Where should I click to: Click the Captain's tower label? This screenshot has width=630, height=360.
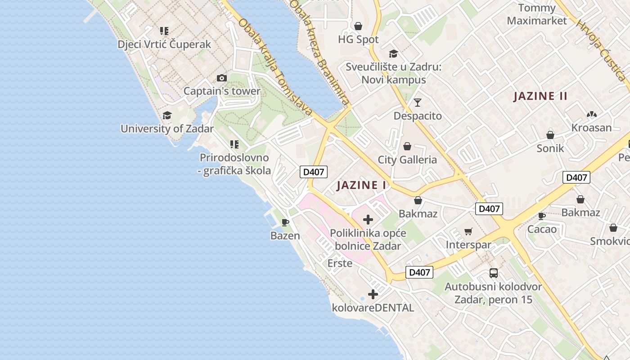coord(222,91)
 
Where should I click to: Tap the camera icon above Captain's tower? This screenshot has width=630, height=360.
coord(221,78)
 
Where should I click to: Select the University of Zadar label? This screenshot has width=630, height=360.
coord(167,129)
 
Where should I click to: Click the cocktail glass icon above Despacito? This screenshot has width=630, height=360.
coord(418,103)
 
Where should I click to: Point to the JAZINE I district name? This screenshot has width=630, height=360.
coord(361,185)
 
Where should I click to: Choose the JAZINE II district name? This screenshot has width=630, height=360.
coord(540,96)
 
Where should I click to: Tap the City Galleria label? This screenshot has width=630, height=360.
coord(407,160)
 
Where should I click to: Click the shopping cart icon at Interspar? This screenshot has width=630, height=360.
coord(468,232)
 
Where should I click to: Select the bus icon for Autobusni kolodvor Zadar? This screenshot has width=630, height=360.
coord(494,273)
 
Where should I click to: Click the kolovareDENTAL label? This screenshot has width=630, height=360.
coord(373,308)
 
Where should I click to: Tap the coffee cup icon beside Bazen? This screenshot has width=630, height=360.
coord(285,222)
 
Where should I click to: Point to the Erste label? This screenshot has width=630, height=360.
coord(340,263)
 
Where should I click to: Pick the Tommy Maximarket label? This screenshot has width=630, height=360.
coord(537,14)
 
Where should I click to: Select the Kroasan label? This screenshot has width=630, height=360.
coord(591,128)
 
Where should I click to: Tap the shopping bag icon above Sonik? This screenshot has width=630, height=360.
coord(550,135)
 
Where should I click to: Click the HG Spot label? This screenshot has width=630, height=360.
coord(358,40)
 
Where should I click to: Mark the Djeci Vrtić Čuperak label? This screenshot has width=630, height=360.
coord(164,45)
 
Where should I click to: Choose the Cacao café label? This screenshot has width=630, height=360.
coord(542,229)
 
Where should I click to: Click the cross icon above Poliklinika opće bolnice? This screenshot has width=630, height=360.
coord(368,220)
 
